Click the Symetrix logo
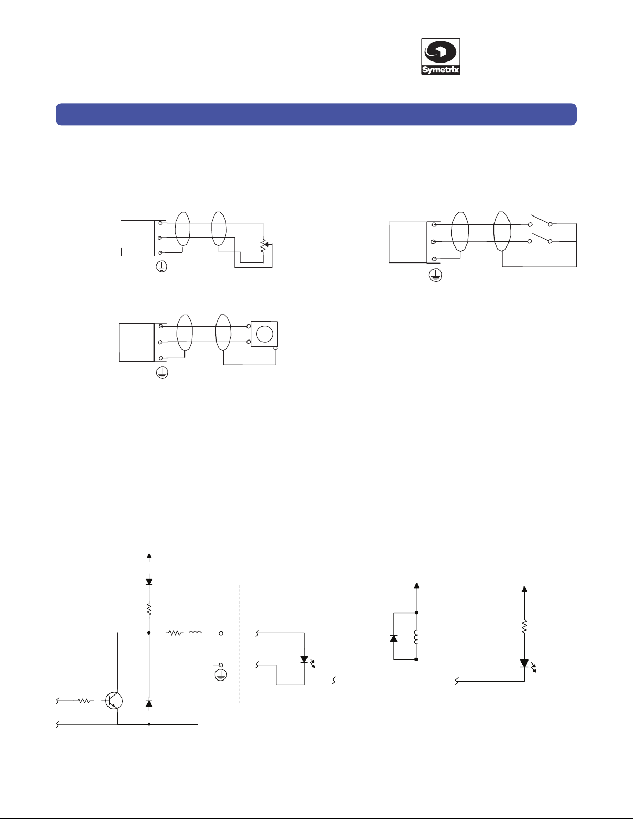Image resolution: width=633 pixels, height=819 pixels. [x=440, y=56]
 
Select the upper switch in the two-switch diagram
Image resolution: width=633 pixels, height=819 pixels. [x=540, y=221]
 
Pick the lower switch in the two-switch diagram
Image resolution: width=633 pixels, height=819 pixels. [x=540, y=238]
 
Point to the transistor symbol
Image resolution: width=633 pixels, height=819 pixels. [x=114, y=701]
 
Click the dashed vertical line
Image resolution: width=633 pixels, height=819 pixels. [x=240, y=644]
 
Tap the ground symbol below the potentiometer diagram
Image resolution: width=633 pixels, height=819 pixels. [x=162, y=267]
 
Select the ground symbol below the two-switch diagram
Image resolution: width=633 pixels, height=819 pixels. [x=436, y=275]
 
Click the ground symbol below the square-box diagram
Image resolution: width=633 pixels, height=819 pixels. [x=162, y=373]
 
